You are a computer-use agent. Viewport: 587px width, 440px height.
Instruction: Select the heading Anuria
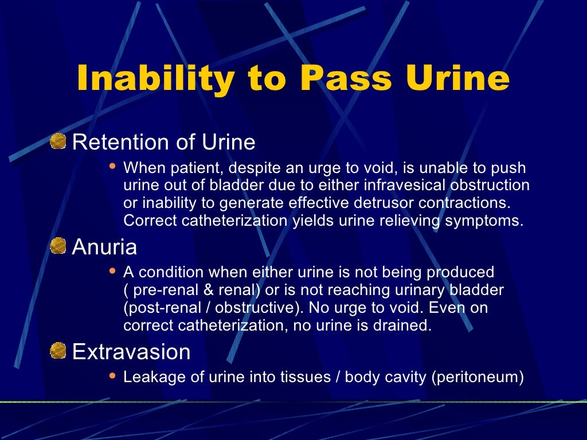[x=104, y=247]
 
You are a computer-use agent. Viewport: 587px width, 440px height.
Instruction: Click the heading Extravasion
[x=131, y=352]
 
